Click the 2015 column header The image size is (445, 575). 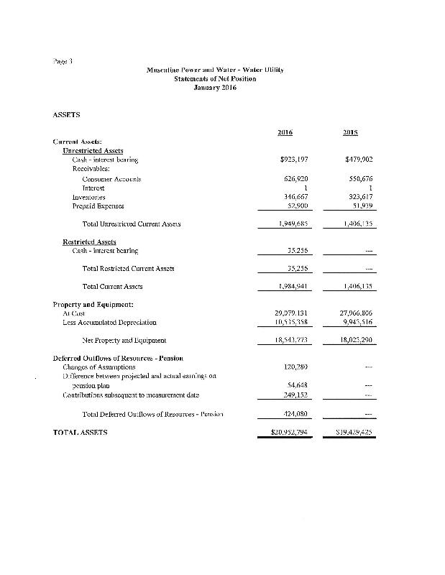(352, 132)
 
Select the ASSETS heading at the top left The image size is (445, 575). (68, 114)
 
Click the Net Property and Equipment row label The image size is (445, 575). (125, 341)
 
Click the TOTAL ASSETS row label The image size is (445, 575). (81, 433)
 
